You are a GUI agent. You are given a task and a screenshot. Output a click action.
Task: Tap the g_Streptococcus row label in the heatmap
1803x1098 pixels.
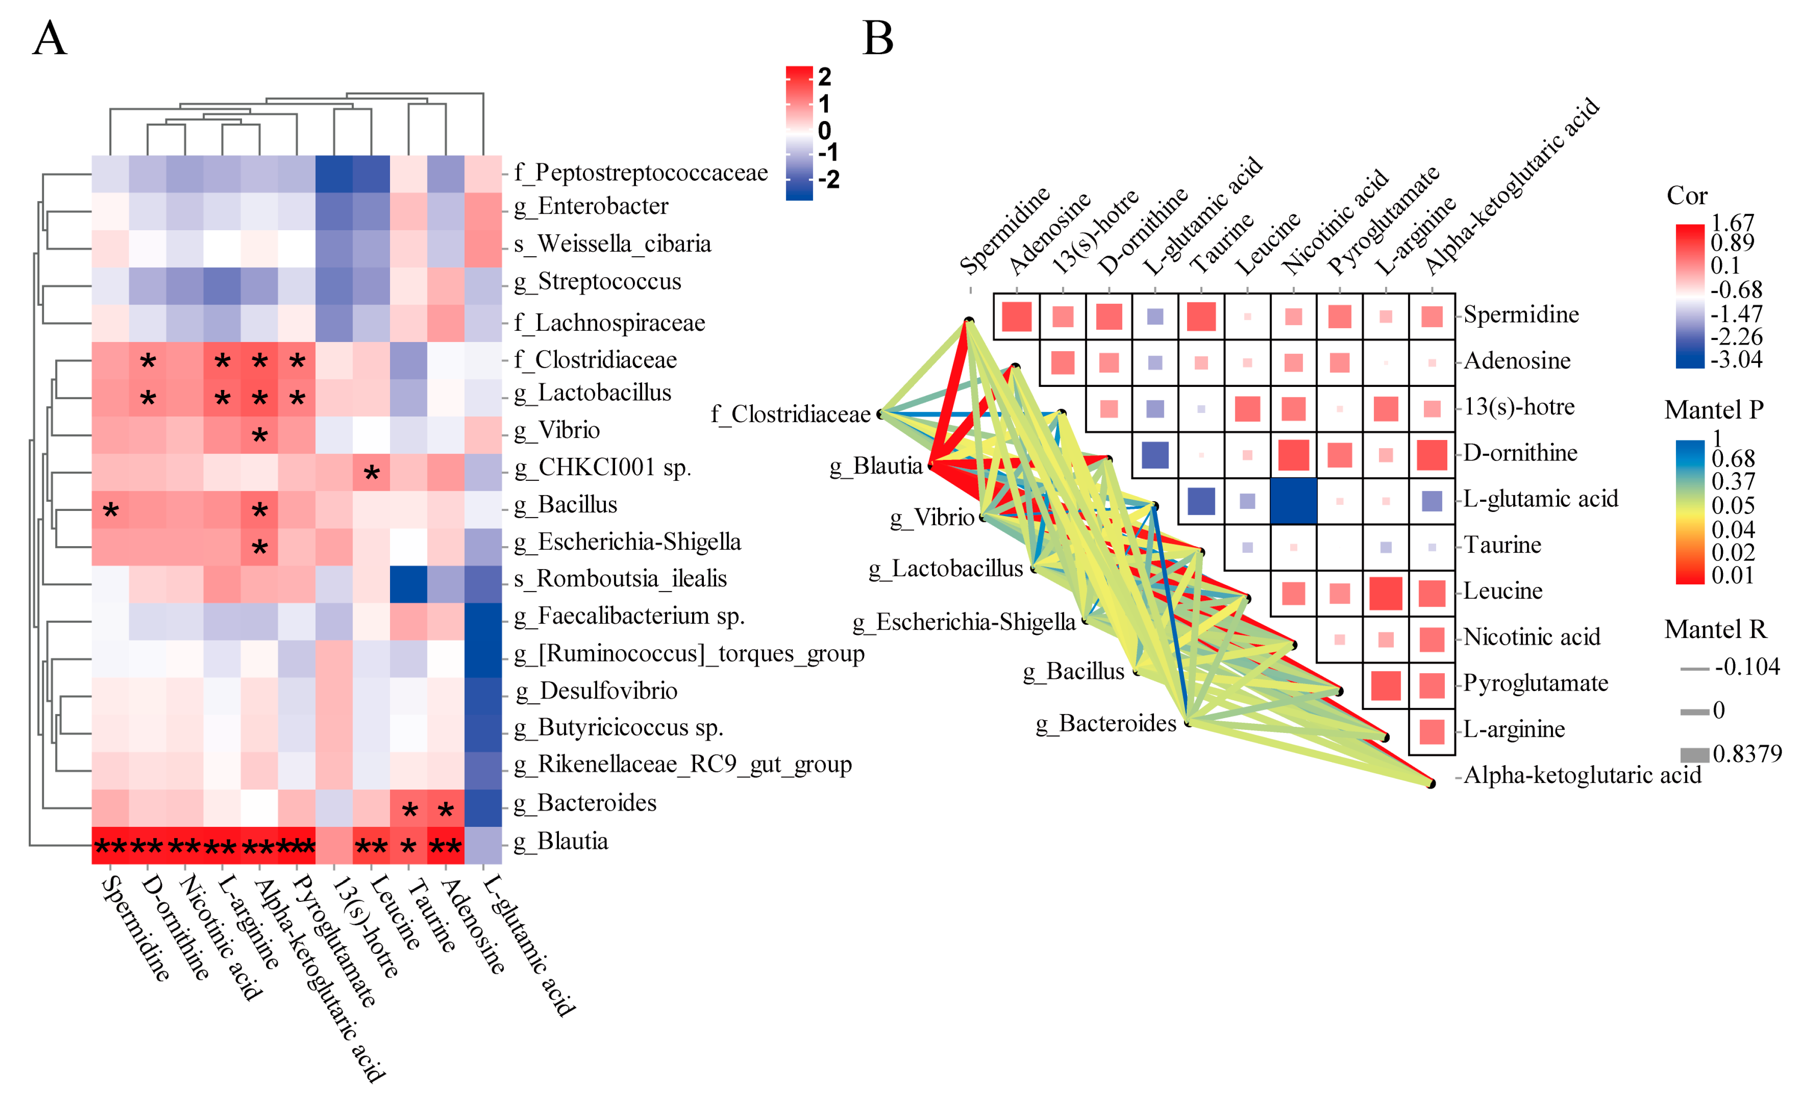[x=598, y=282]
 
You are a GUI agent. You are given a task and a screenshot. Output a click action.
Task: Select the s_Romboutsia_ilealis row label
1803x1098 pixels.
[x=620, y=579]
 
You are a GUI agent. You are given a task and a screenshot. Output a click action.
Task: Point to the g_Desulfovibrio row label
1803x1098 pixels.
[x=596, y=691]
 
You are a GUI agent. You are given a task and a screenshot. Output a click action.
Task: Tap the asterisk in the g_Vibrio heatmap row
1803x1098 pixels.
[x=259, y=437]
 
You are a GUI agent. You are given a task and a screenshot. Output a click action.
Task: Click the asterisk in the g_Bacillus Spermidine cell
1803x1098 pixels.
[x=111, y=510]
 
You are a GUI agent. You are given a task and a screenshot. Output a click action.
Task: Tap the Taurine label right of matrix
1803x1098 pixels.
[x=1502, y=545]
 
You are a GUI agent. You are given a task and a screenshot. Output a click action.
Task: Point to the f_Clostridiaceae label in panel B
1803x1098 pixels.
[x=790, y=415]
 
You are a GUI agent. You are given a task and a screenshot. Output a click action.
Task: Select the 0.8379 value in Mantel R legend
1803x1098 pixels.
[x=1747, y=753]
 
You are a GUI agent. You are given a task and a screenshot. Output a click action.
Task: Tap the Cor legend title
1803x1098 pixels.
[x=1687, y=196]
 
